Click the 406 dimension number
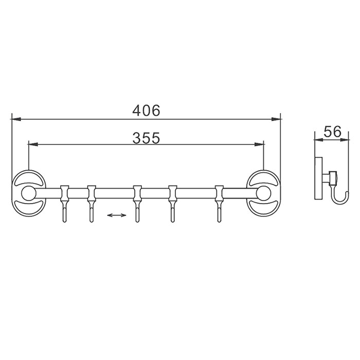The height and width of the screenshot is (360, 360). (147, 110)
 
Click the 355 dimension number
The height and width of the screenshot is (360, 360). (147, 137)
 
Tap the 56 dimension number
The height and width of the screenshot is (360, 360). (332, 132)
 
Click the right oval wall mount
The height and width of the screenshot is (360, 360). (263, 194)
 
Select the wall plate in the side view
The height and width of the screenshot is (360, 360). (317, 178)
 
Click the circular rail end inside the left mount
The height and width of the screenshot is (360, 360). (28, 194)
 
